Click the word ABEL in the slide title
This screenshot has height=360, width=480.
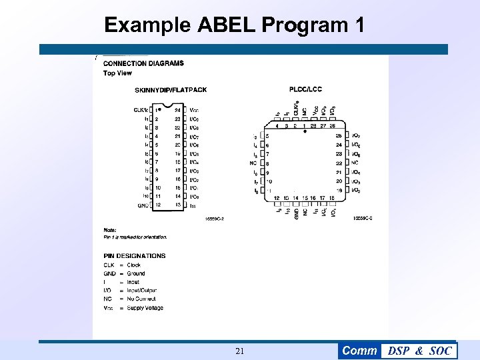tap(227, 25)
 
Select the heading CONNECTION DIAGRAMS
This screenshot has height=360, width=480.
tap(143, 64)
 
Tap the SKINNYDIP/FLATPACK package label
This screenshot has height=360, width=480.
tap(171, 90)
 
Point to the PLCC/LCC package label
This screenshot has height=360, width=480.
tap(306, 89)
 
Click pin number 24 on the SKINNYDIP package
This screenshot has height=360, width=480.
tap(178, 110)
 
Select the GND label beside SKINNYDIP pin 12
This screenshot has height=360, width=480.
tap(143, 205)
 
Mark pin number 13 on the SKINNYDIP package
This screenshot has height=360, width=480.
tap(178, 205)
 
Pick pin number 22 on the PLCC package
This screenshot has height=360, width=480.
tap(339, 163)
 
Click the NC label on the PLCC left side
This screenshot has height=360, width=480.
tap(253, 163)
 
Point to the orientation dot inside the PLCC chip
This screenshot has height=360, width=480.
tap(305, 132)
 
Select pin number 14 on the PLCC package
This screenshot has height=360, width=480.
tap(295, 198)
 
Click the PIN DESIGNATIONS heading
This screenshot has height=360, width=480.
tap(135, 255)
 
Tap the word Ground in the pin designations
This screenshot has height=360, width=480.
tap(136, 273)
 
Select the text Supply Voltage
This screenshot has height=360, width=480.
tap(145, 308)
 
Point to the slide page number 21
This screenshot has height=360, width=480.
tap(240, 351)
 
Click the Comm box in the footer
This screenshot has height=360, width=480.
tap(359, 351)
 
